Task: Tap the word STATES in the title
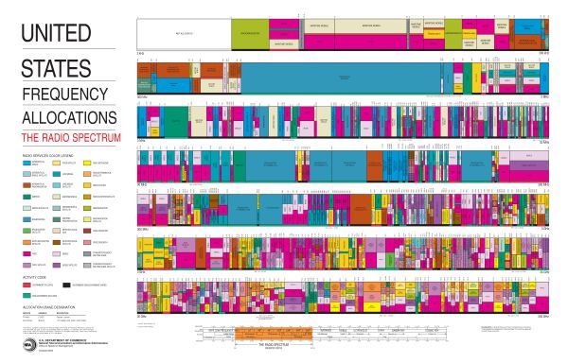57,68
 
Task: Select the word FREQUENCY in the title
63,95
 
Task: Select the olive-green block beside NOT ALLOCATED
250,34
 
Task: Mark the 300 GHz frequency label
544,317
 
